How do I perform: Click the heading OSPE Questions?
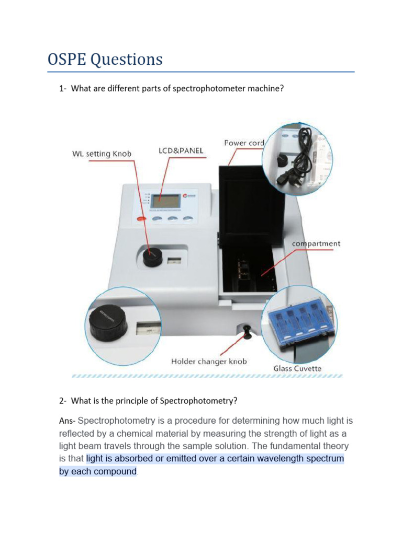(105, 60)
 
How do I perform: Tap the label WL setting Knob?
(102, 154)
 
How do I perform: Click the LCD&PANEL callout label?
(181, 151)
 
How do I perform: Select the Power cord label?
(244, 143)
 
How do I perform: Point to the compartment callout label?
(316, 243)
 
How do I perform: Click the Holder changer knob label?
(209, 361)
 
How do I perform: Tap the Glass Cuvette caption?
(297, 368)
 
